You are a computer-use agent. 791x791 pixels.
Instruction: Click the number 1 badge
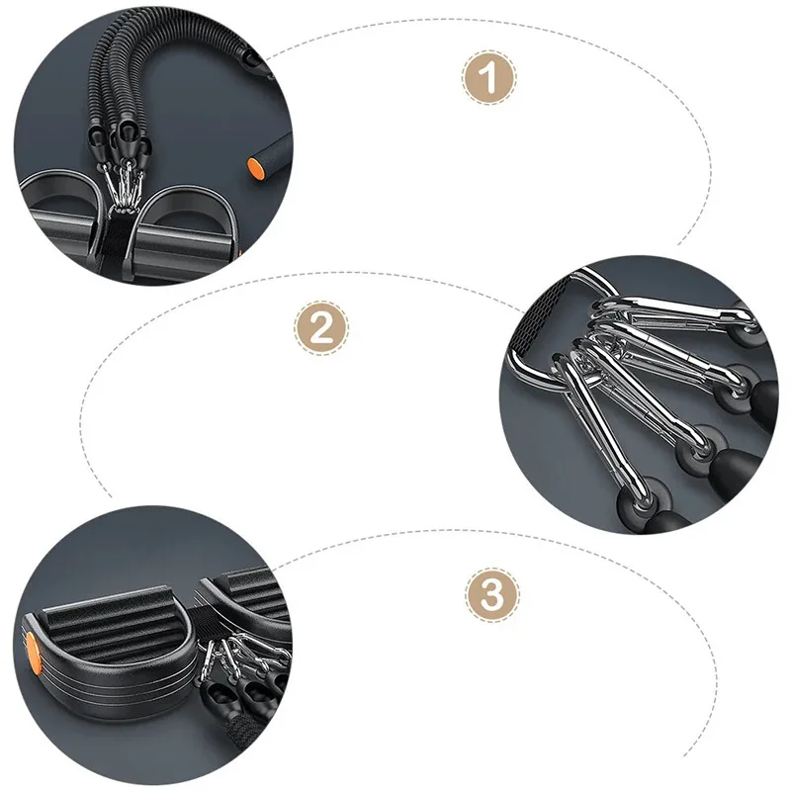[x=488, y=78]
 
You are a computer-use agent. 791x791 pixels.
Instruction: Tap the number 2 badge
[x=321, y=328]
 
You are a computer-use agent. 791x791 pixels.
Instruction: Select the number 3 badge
[x=491, y=595]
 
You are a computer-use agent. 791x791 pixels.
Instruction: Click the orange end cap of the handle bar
[x=255, y=167]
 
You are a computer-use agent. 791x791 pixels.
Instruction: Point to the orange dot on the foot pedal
[x=33, y=653]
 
